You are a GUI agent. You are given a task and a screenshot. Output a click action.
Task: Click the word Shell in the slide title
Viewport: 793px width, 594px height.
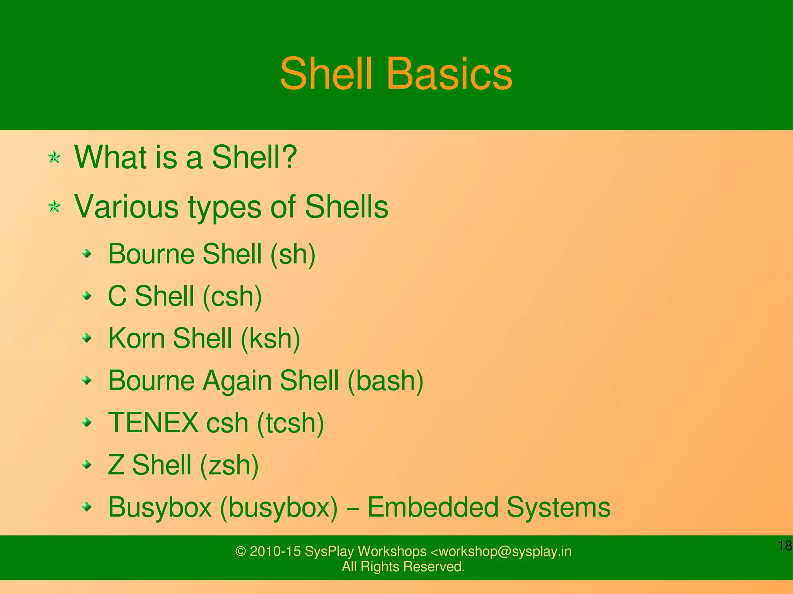click(x=326, y=74)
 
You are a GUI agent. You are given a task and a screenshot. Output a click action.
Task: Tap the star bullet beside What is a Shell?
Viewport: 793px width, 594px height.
click(x=54, y=157)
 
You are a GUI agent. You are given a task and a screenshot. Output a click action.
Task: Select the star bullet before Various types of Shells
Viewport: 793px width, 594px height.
click(x=54, y=207)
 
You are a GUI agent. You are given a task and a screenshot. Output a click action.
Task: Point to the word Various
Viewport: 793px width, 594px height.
click(x=126, y=207)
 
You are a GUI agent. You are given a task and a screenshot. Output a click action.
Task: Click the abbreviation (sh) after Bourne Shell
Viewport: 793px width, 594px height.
click(x=293, y=254)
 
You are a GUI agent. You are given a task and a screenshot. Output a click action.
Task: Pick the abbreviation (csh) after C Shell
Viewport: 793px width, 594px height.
click(x=232, y=296)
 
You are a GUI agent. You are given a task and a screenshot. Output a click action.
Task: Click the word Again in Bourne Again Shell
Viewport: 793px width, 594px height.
click(x=237, y=380)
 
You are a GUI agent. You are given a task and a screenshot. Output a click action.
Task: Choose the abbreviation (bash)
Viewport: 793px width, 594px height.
click(x=385, y=381)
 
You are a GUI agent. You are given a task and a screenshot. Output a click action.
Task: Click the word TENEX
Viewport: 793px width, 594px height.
click(x=153, y=423)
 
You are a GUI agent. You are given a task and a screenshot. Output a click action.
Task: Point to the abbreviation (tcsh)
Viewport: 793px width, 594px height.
click(x=290, y=423)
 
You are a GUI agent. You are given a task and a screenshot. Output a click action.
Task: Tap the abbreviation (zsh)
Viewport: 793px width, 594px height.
click(x=229, y=465)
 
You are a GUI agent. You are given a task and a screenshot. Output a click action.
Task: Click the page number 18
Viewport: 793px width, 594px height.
click(x=784, y=546)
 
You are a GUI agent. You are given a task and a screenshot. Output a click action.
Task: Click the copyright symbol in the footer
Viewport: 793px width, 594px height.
click(x=240, y=551)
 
